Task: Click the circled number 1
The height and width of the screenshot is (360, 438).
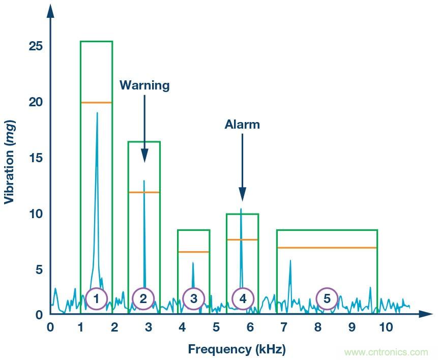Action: (96, 299)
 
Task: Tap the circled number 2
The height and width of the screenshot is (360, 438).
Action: (143, 299)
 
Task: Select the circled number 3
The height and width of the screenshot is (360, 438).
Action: (193, 299)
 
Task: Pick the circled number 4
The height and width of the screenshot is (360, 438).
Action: (243, 299)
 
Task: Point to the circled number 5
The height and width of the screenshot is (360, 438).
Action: (327, 299)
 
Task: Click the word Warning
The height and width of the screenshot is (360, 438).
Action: (144, 85)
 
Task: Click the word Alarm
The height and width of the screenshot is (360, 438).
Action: (242, 125)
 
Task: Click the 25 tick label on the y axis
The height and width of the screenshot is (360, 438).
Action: (36, 47)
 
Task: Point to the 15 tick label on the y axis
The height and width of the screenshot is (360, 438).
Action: (36, 158)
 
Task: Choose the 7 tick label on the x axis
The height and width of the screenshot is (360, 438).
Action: (284, 327)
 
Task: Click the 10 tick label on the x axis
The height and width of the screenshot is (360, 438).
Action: (386, 327)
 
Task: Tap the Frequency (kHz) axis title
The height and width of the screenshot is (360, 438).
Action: (237, 349)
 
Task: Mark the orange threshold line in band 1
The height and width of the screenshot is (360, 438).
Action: (96, 103)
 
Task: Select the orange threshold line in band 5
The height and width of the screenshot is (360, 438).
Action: (327, 248)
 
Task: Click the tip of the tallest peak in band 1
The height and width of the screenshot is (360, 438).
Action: (97, 113)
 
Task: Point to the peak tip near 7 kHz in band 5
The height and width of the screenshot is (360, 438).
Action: (290, 260)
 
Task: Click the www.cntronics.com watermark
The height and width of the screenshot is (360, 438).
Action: (386, 352)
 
